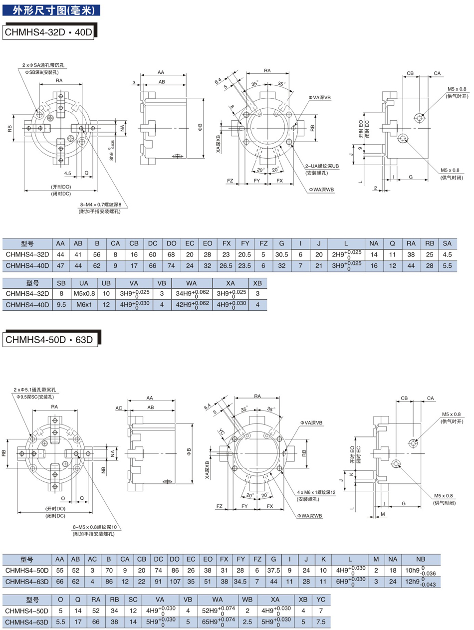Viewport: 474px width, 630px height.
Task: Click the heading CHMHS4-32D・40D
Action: pyautogui.click(x=48, y=32)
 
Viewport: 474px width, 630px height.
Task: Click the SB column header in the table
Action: pyautogui.click(x=61, y=283)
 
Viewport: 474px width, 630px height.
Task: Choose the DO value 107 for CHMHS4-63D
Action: pyautogui.click(x=175, y=581)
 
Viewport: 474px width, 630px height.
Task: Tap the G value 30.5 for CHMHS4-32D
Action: pyautogui.click(x=282, y=253)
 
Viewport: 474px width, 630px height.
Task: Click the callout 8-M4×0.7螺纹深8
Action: pyautogui.click(x=100, y=205)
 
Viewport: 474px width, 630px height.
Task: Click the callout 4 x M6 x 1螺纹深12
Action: pyautogui.click(x=317, y=492)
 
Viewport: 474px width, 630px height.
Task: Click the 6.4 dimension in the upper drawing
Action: pyautogui.click(x=218, y=81)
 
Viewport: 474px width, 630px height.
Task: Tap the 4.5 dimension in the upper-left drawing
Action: pyautogui.click(x=68, y=173)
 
